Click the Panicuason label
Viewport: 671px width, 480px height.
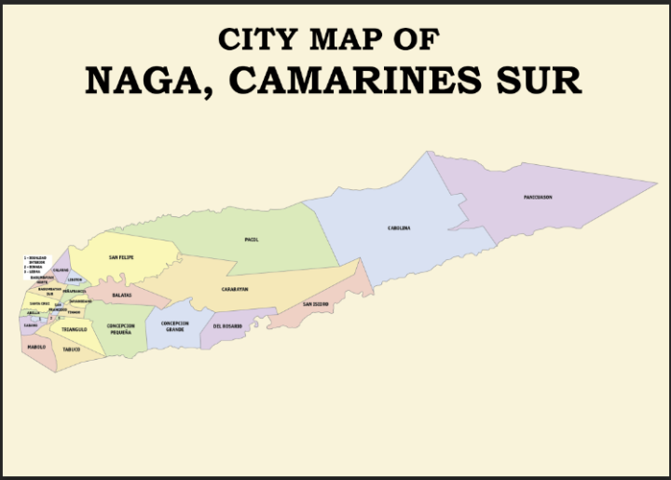(538, 198)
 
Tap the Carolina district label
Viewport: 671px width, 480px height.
(399, 228)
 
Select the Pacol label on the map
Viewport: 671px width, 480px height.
(252, 240)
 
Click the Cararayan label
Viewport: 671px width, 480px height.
(234, 290)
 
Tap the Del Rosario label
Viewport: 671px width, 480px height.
(227, 326)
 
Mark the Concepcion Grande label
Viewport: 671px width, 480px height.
(174, 327)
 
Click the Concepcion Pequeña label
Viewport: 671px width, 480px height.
(120, 329)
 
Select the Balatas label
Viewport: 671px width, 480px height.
(121, 295)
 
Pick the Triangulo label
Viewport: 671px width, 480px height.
(75, 329)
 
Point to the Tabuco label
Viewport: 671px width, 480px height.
(72, 350)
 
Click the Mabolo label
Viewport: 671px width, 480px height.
(36, 347)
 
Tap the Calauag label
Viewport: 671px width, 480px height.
(61, 270)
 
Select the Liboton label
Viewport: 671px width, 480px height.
(75, 280)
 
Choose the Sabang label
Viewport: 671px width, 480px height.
(31, 325)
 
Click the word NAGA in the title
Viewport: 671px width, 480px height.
(151, 80)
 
